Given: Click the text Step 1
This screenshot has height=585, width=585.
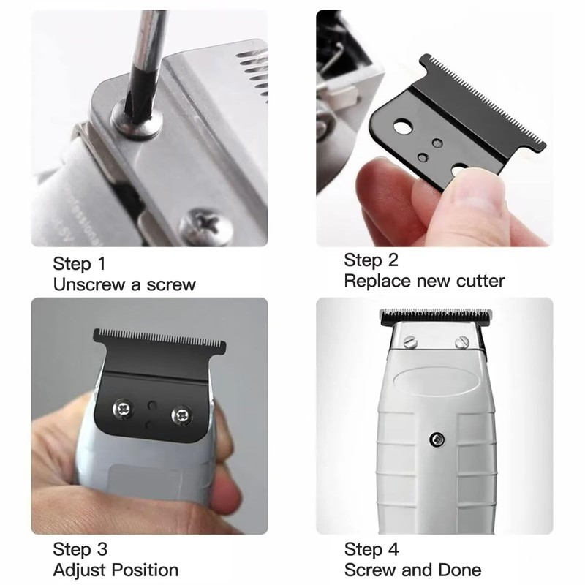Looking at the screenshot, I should click(x=83, y=263).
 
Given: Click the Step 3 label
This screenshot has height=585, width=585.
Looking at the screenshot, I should click(x=83, y=550).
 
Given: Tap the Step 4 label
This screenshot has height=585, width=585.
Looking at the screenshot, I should click(x=372, y=550).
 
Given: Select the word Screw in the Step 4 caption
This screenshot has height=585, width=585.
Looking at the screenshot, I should click(x=369, y=570).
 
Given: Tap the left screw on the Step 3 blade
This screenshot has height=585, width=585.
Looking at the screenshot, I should click(x=121, y=410).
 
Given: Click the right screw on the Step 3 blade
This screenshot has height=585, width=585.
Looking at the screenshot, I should click(x=180, y=415).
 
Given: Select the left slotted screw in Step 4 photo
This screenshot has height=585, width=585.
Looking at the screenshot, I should click(x=409, y=341).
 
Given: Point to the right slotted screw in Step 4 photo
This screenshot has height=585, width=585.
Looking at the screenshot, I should click(x=461, y=341).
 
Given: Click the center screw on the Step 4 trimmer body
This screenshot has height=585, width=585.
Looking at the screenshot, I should click(x=437, y=439).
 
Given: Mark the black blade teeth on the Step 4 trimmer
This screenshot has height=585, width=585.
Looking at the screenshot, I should click(x=435, y=317).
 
